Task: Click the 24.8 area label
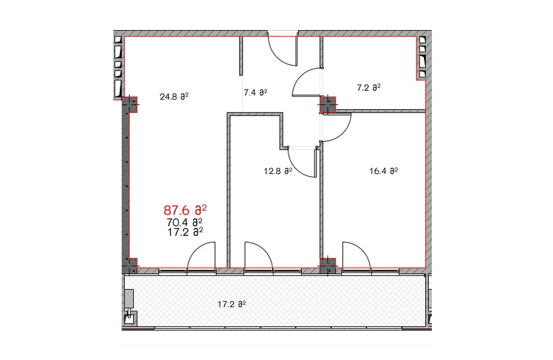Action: coord(175,96)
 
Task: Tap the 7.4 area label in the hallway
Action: coord(256,92)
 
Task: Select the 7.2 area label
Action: coord(369,87)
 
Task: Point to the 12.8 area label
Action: coord(278,171)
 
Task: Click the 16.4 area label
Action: coord(383,171)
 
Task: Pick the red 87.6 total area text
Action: coord(185,210)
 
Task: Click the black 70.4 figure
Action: coord(184,222)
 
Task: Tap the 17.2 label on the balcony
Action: coord(232,304)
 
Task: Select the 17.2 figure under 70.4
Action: coord(185,232)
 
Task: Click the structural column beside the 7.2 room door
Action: coord(327,104)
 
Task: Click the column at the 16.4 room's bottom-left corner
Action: coord(328,266)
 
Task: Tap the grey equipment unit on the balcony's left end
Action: coord(129,298)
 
